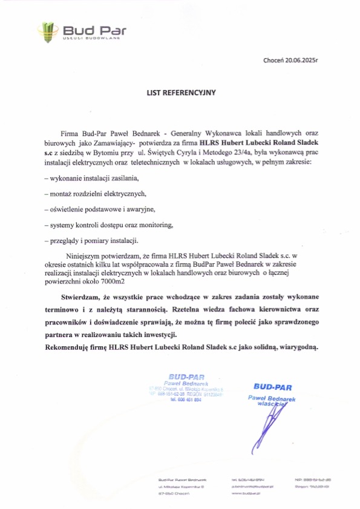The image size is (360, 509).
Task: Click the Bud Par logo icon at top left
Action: [49, 28]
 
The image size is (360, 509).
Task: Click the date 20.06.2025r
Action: [301, 61]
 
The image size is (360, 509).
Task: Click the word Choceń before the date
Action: [273, 61]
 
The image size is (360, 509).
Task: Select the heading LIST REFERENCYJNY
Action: [180, 94]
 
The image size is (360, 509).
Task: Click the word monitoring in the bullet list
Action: [157, 225]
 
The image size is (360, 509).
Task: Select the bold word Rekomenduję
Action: [67, 347]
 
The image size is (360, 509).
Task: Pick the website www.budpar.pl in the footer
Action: [244, 494]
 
